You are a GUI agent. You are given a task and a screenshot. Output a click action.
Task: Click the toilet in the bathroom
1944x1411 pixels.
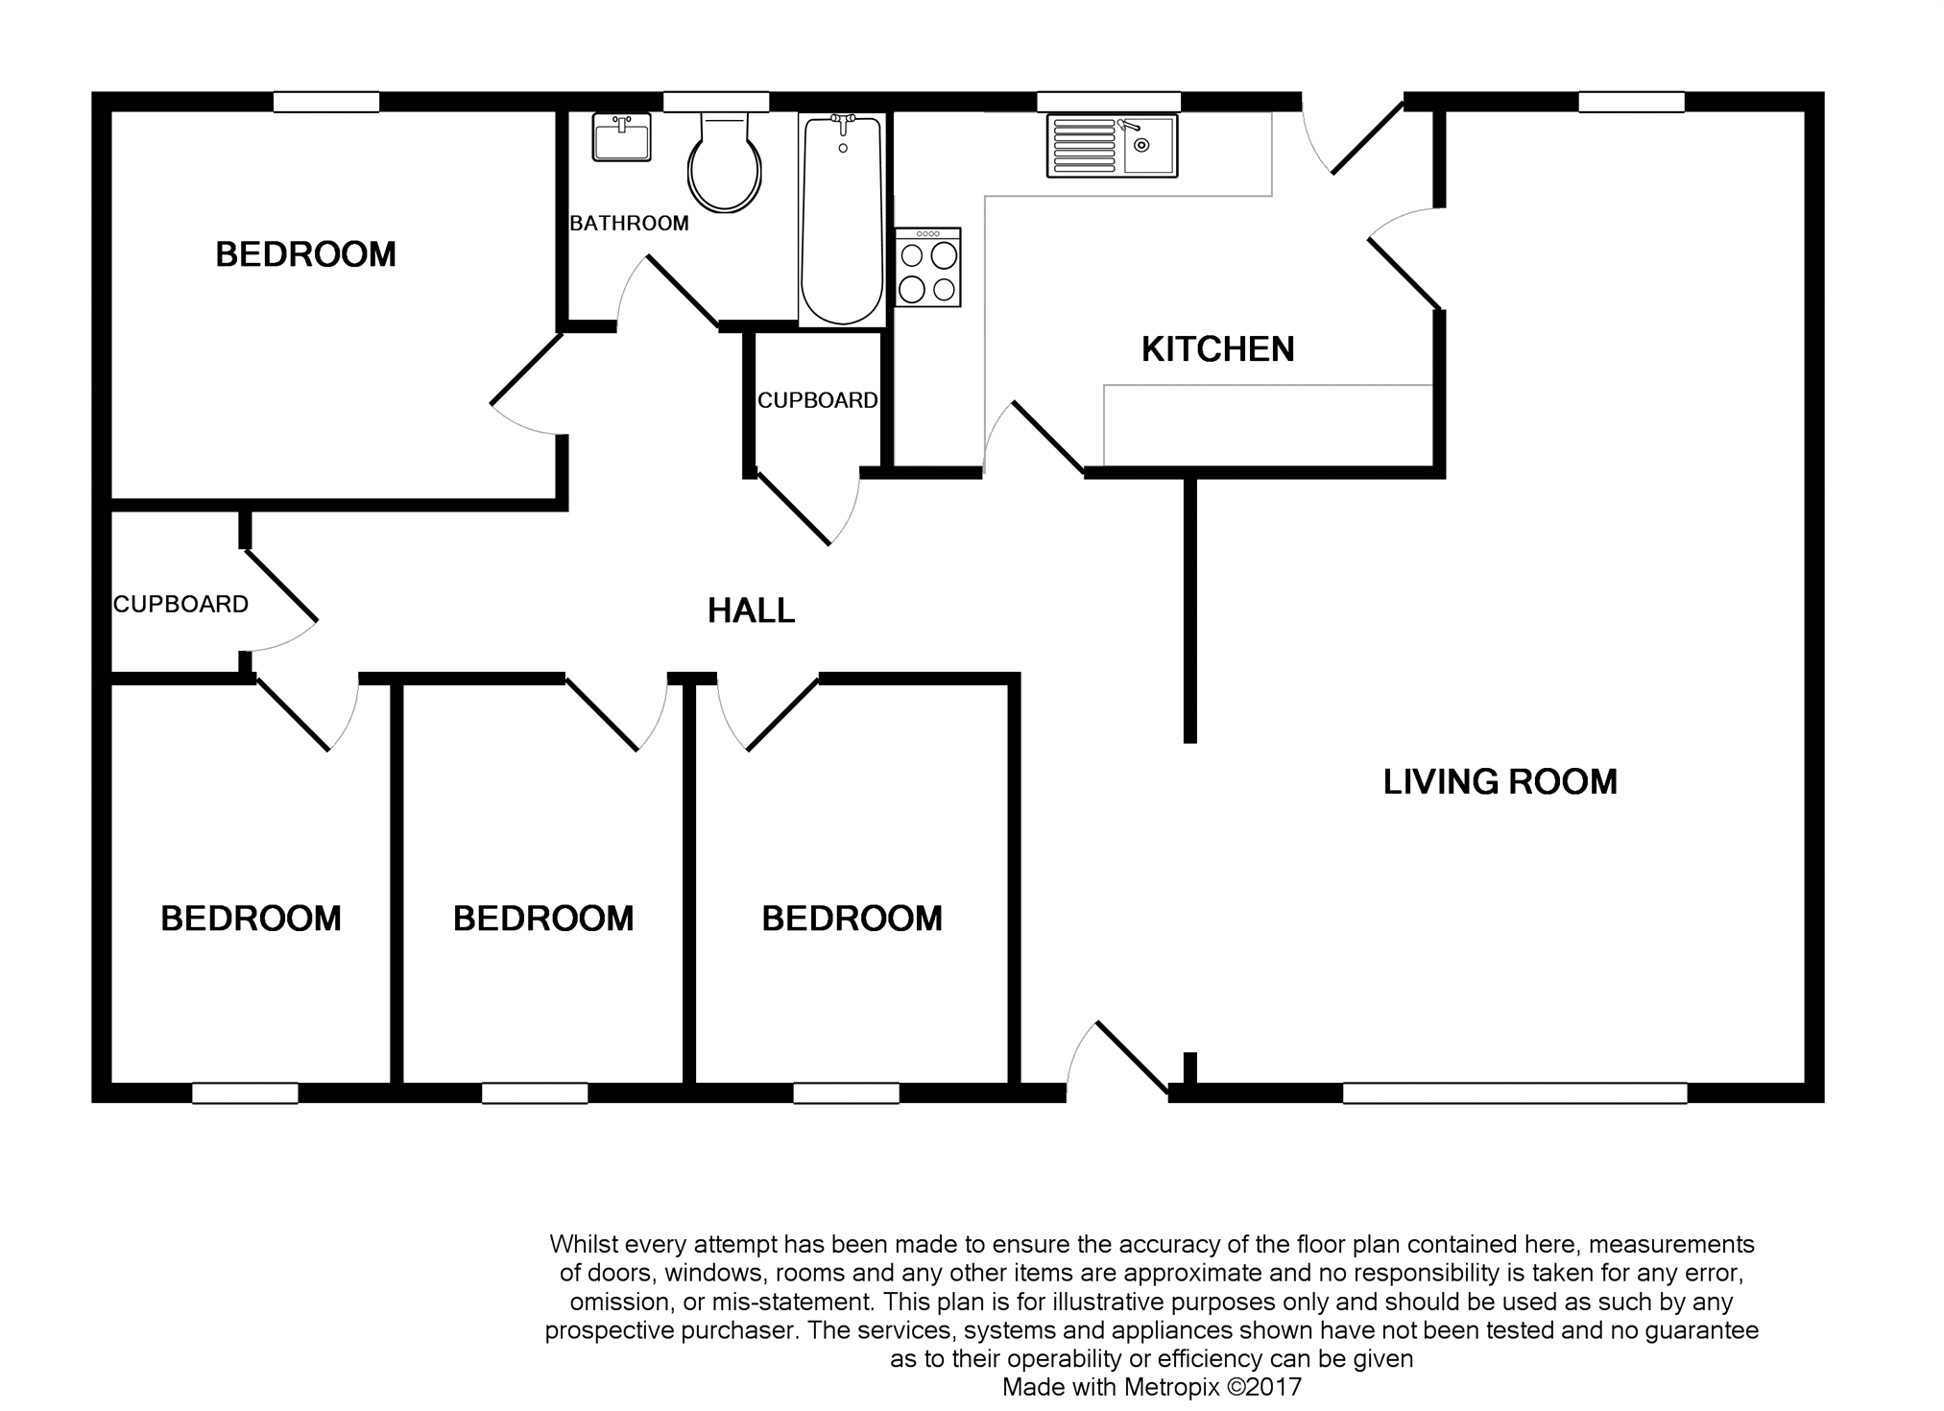click(x=725, y=161)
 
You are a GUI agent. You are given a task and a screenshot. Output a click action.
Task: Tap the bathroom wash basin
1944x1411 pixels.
click(x=621, y=136)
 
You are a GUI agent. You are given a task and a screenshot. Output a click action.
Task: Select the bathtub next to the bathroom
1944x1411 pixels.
click(x=842, y=220)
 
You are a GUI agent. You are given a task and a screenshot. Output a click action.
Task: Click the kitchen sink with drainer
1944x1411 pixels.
click(x=1112, y=146)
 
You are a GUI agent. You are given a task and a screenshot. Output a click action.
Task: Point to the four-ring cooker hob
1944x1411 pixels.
click(x=927, y=267)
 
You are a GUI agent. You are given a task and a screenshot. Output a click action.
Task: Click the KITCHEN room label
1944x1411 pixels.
click(x=1217, y=349)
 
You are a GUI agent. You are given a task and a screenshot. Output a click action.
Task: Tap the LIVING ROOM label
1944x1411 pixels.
click(x=1500, y=782)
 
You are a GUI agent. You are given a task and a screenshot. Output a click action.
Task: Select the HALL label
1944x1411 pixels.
click(x=751, y=610)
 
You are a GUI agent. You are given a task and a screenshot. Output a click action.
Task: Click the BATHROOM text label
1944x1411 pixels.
click(x=629, y=224)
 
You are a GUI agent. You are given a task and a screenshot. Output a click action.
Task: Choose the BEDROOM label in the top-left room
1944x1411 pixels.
click(x=305, y=254)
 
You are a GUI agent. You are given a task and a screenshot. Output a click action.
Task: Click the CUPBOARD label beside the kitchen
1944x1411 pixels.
click(x=817, y=400)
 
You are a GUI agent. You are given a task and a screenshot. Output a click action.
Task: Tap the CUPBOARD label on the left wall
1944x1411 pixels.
click(x=180, y=604)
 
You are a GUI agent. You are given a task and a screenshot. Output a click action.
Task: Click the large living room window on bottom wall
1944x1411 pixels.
click(x=1514, y=1093)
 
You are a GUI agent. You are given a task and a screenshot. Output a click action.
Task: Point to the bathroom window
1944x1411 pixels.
click(x=716, y=102)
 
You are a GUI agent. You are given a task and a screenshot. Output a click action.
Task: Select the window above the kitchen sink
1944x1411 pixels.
click(x=1109, y=102)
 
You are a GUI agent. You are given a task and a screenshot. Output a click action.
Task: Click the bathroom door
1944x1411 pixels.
click(x=667, y=292)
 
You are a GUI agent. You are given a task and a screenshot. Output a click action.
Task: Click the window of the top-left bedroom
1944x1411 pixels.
click(x=326, y=102)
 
